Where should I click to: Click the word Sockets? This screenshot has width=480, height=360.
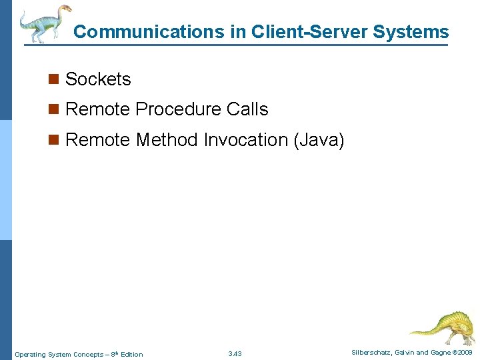click(x=98, y=79)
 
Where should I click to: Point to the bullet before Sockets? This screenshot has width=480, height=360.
click(x=53, y=79)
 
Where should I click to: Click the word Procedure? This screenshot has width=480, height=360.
click(x=179, y=109)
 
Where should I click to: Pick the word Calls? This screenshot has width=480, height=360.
click(x=247, y=109)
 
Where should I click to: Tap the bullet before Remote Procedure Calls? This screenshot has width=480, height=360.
click(x=53, y=109)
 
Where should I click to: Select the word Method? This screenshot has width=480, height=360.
click(x=167, y=140)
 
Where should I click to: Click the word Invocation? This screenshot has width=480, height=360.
click(x=245, y=140)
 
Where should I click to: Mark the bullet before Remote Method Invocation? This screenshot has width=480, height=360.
click(x=53, y=140)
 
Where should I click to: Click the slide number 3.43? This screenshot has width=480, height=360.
click(x=235, y=354)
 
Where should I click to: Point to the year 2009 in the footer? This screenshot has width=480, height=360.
click(x=464, y=352)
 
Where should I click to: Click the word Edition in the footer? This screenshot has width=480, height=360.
click(x=131, y=354)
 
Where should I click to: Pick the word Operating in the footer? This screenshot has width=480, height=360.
click(x=31, y=354)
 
